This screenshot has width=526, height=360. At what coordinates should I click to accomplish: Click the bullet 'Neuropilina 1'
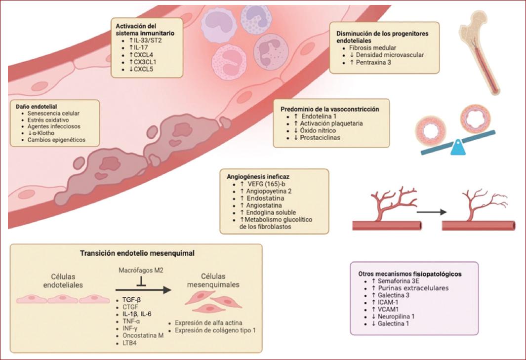(x=398, y=316)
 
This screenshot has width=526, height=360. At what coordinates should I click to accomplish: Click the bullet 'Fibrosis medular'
(x=375, y=48)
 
